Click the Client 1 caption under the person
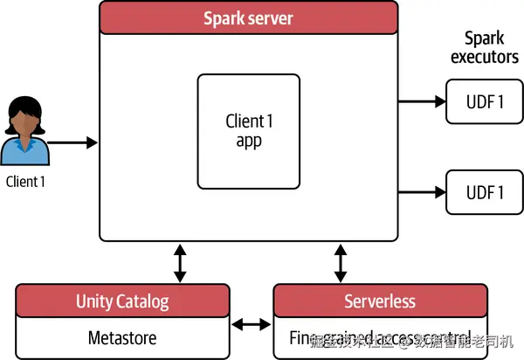[x=25, y=182]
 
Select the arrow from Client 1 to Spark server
[x=72, y=142]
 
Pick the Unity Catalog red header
[x=121, y=301]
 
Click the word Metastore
[x=121, y=337]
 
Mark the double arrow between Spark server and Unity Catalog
[x=180, y=262]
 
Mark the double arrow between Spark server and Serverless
[x=340, y=262]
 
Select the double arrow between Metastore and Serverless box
[x=251, y=325]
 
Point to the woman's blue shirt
[x=26, y=154]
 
